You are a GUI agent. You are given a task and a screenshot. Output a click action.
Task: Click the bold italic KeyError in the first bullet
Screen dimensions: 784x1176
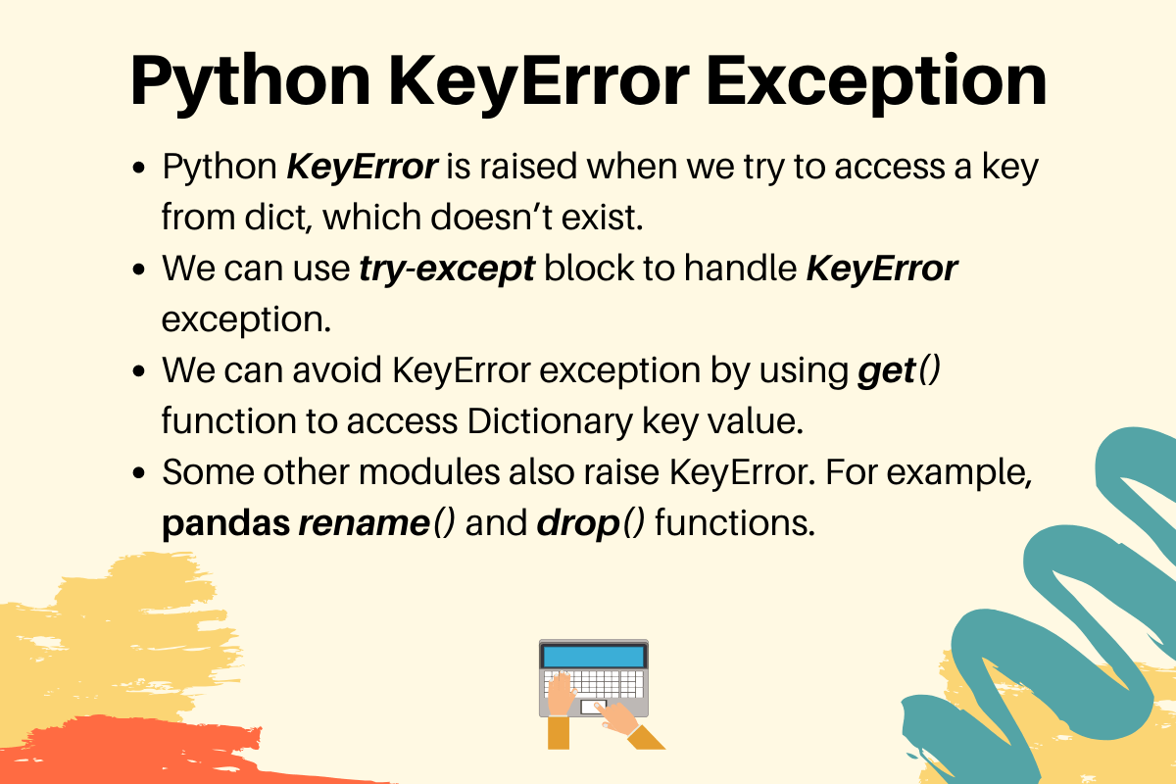tap(362, 167)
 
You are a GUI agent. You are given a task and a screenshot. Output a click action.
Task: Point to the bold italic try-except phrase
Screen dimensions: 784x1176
tap(446, 269)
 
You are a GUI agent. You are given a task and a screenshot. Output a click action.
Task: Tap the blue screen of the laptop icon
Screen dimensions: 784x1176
tap(594, 655)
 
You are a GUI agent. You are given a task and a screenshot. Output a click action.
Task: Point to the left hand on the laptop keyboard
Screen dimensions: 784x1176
tap(562, 698)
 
